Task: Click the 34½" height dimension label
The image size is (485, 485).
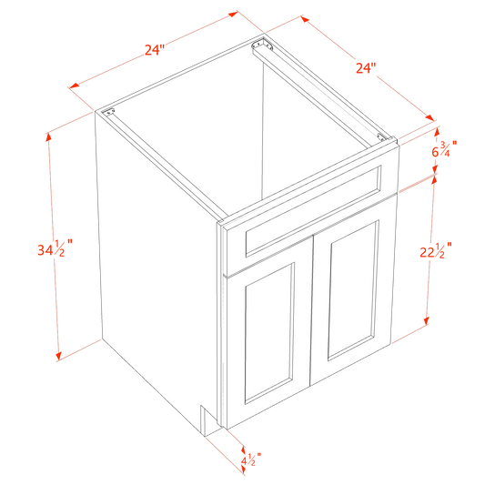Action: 56,248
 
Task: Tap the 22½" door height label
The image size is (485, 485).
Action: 436,251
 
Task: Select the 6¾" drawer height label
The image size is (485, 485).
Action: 444,149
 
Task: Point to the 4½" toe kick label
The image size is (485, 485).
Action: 251,460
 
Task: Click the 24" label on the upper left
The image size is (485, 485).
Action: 155,49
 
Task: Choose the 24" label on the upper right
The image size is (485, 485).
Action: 366,68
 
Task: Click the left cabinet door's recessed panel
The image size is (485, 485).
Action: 269,333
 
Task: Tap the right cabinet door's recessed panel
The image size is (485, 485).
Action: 354,290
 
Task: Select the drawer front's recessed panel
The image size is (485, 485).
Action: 313,212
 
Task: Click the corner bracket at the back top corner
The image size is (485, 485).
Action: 262,45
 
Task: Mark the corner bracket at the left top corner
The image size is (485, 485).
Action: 108,112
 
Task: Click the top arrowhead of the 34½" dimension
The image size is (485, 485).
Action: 48,138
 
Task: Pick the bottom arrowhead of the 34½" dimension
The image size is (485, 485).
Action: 59,356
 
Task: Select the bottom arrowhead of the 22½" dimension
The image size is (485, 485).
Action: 426,320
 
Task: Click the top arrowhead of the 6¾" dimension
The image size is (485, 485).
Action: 437,132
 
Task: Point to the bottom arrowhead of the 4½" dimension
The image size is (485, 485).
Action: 243,470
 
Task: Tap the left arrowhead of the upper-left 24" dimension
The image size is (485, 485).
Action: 75,86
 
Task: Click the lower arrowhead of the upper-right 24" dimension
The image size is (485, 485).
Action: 429,118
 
